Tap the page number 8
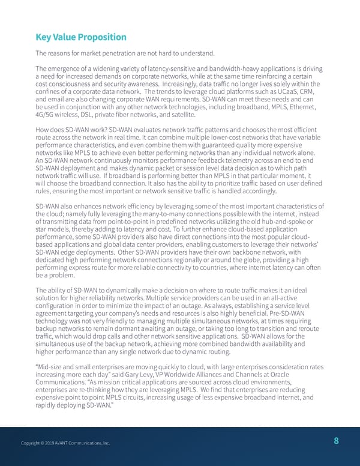[336, 441]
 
